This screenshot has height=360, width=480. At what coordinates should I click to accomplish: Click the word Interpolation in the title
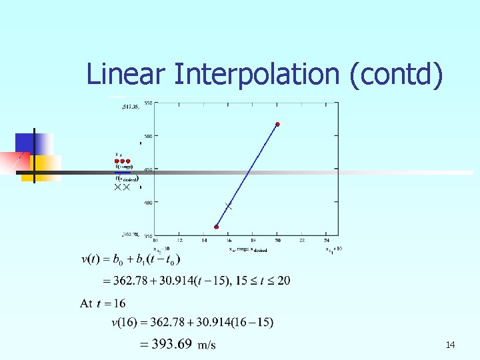257,75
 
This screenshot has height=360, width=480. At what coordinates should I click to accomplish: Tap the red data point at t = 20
277,124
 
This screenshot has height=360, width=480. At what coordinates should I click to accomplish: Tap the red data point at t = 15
217,227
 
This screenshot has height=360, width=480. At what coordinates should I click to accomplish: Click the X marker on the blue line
229,207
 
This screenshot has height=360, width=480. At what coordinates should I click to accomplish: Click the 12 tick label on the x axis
179,241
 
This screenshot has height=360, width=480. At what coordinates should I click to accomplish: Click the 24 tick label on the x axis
326,241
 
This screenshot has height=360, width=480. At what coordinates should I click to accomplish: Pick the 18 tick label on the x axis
253,241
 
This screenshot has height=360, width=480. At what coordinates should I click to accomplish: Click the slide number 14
450,345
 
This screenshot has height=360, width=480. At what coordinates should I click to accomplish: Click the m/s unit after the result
207,345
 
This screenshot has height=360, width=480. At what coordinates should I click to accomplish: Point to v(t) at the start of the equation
92,259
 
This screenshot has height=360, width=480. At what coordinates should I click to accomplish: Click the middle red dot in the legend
123,161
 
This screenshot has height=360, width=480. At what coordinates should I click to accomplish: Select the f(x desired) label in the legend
126,178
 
